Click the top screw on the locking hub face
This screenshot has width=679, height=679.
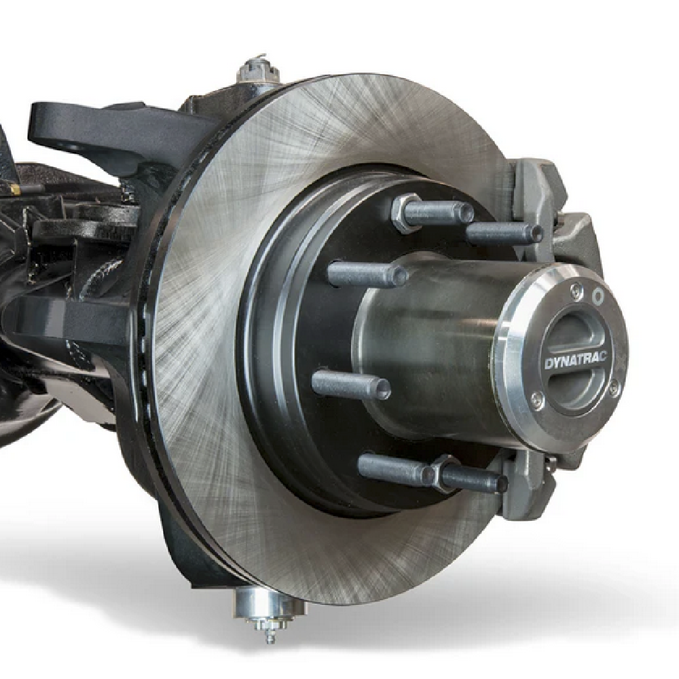(x=576, y=290)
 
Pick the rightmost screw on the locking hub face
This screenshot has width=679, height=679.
(x=614, y=388)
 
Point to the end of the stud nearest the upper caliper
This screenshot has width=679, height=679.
(x=536, y=234)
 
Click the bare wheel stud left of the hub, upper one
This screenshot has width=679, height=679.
(x=367, y=274)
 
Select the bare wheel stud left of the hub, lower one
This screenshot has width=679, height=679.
(x=350, y=384)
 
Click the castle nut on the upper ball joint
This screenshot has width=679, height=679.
(x=260, y=71)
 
